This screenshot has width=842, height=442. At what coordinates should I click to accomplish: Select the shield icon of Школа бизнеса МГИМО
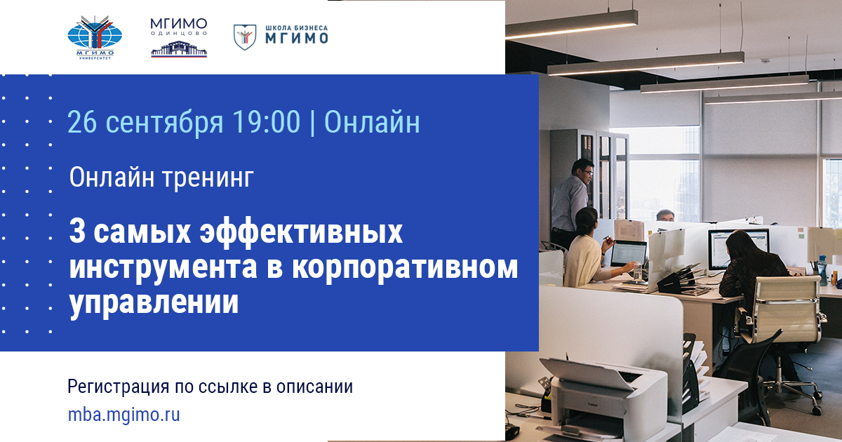245,36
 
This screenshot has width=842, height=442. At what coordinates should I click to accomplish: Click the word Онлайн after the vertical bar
372,122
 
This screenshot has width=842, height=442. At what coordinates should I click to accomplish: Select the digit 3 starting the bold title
76,232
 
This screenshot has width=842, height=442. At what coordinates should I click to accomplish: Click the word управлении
154,303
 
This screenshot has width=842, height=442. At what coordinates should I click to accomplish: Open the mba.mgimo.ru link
123,415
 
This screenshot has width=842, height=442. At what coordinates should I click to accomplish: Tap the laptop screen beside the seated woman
629,253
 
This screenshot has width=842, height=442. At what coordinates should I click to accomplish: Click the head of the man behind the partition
664,215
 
